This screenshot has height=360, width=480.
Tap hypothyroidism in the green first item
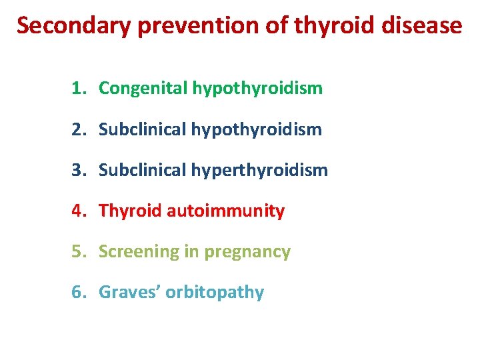(257, 88)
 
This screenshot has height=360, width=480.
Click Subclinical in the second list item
(143, 129)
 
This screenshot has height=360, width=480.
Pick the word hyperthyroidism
(259, 170)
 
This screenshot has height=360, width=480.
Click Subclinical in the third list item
(143, 170)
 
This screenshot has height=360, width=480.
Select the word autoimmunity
(225, 211)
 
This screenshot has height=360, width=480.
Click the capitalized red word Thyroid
(130, 211)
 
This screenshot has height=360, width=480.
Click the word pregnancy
(247, 252)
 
